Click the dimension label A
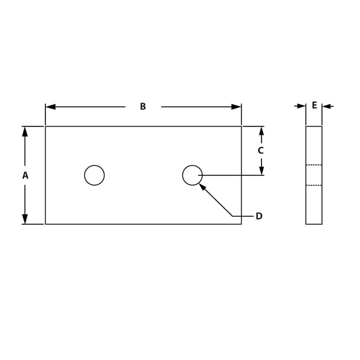tap(25, 175)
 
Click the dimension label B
tap(143, 107)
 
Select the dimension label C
tap(261, 151)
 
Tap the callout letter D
tap(259, 216)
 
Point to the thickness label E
tap(314, 106)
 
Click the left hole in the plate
tap(94, 175)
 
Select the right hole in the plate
tap(192, 175)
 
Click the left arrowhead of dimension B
tap(50, 107)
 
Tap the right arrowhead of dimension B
tap(236, 107)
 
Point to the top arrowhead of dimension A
tap(25, 131)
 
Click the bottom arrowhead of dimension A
tap(25, 219)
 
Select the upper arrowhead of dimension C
tap(261, 131)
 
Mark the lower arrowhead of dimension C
tap(261, 171)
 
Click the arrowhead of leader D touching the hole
tap(202, 186)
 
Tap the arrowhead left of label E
tap(301, 106)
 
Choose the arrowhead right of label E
tap(327, 106)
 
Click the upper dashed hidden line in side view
tap(314, 165)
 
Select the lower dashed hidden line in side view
tap(314, 185)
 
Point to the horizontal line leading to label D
tap(243, 216)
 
